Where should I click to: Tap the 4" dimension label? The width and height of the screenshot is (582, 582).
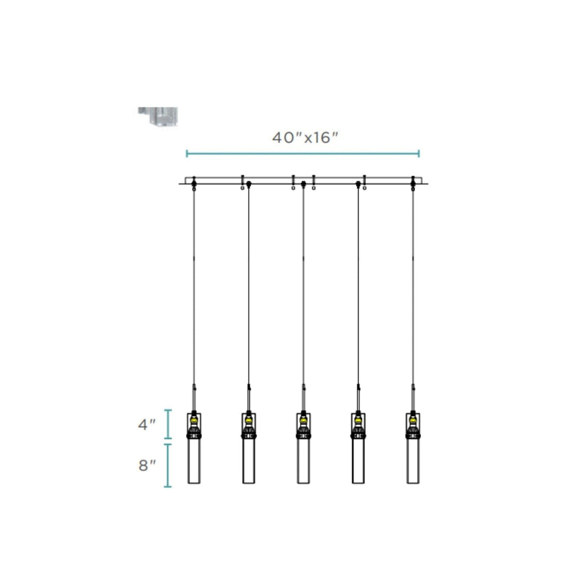coord(147,425)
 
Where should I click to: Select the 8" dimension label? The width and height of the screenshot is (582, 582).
coord(147,466)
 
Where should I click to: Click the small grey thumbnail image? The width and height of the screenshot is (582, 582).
coord(158,116)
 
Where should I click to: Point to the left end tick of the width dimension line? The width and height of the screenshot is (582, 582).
coord(187,153)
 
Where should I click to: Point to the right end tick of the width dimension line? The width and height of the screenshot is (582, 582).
coord(419,153)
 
